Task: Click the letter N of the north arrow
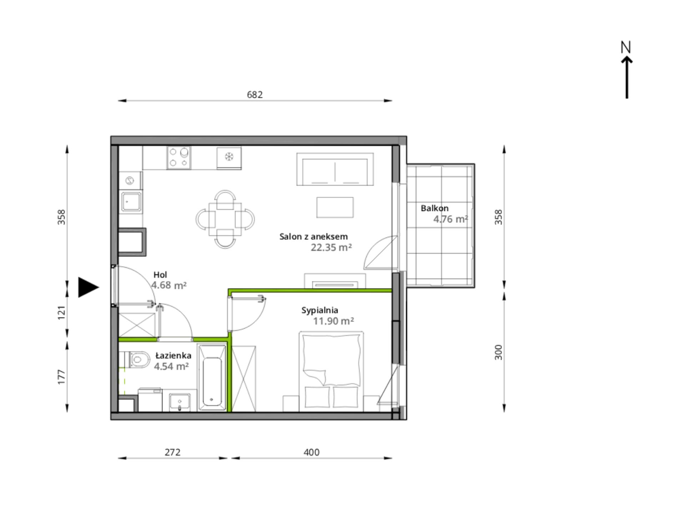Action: click(x=626, y=47)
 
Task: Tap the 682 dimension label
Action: click(x=255, y=94)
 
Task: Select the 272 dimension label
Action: click(x=172, y=452)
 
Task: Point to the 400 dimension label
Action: click(x=312, y=452)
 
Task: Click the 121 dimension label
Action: click(x=62, y=313)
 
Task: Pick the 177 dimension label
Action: click(x=62, y=377)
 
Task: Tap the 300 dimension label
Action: click(x=499, y=352)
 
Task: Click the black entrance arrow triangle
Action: click(x=88, y=287)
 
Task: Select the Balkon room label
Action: click(x=435, y=208)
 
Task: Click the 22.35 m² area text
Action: click(x=331, y=247)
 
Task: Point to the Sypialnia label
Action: click(x=320, y=310)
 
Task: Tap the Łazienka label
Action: click(x=173, y=355)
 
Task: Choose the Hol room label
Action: click(x=160, y=275)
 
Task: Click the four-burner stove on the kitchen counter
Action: click(x=179, y=158)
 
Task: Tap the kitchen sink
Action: click(x=130, y=202)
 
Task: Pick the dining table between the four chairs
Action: click(x=225, y=219)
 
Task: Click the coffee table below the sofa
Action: click(x=335, y=207)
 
